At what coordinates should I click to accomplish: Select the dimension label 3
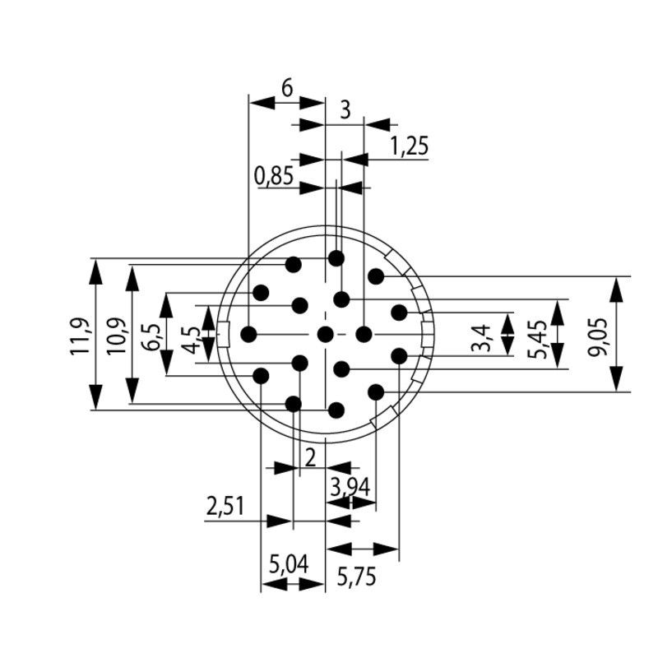point(345,109)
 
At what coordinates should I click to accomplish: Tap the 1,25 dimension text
point(409,146)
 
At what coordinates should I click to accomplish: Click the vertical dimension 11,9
point(81,335)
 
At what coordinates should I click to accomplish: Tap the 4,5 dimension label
point(191,340)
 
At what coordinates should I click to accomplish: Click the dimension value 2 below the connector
point(310,457)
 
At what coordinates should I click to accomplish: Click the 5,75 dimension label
point(357,577)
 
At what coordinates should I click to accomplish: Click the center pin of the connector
point(326,334)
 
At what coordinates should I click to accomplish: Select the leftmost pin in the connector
point(248,334)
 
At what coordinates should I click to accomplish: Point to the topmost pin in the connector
point(336,258)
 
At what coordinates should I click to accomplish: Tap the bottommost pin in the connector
point(336,410)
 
